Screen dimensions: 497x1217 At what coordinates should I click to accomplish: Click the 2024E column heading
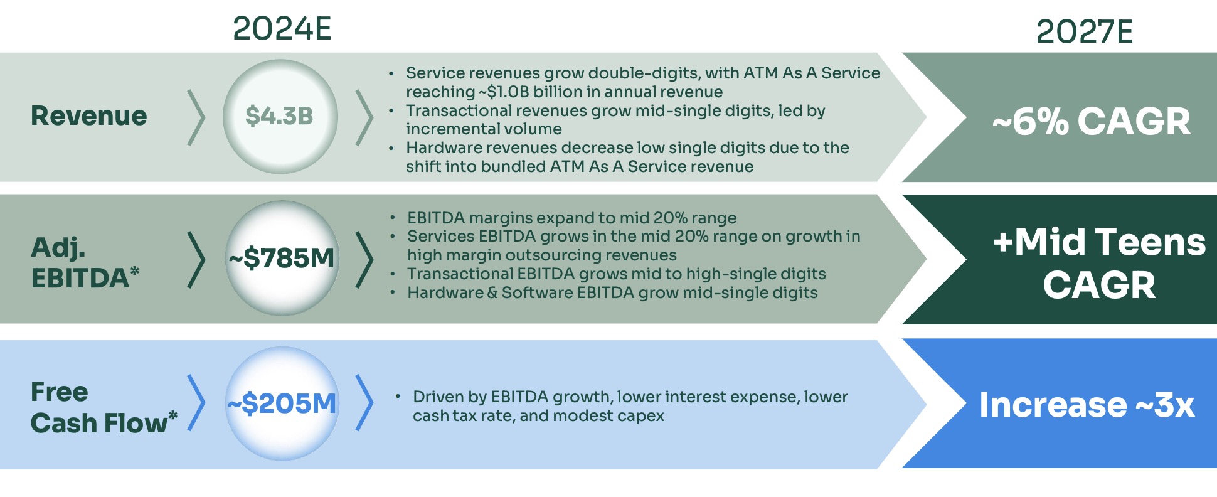pyautogui.click(x=282, y=29)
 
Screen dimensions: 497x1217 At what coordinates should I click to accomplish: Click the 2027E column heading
pyautogui.click(x=1084, y=32)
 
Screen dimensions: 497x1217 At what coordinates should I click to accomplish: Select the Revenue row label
pyautogui.click(x=89, y=116)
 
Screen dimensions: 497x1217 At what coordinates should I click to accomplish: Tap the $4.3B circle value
pyautogui.click(x=279, y=116)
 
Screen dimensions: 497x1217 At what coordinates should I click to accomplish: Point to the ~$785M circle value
pyautogui.click(x=282, y=258)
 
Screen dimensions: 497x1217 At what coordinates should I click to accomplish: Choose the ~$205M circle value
pyautogui.click(x=282, y=403)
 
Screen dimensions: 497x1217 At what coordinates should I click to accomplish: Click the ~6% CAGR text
pyautogui.click(x=1091, y=121)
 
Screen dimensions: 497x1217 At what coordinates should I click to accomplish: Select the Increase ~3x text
pyautogui.click(x=1087, y=405)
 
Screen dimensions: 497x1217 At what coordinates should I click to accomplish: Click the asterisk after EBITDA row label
pyautogui.click(x=134, y=272)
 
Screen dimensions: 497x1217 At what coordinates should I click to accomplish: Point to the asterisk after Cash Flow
pyautogui.click(x=173, y=415)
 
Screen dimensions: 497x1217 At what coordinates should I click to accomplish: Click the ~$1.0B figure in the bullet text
pyautogui.click(x=504, y=92)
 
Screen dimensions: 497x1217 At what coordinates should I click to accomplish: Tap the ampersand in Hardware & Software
pyautogui.click(x=492, y=293)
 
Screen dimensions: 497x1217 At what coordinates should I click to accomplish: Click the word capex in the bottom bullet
pyautogui.click(x=642, y=416)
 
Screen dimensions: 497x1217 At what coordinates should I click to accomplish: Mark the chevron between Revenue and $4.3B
pyautogui.click(x=196, y=117)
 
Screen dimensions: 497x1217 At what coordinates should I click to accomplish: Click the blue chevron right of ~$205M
pyautogui.click(x=364, y=403)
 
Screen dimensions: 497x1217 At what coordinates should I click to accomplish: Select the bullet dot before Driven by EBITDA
pyautogui.click(x=398, y=397)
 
